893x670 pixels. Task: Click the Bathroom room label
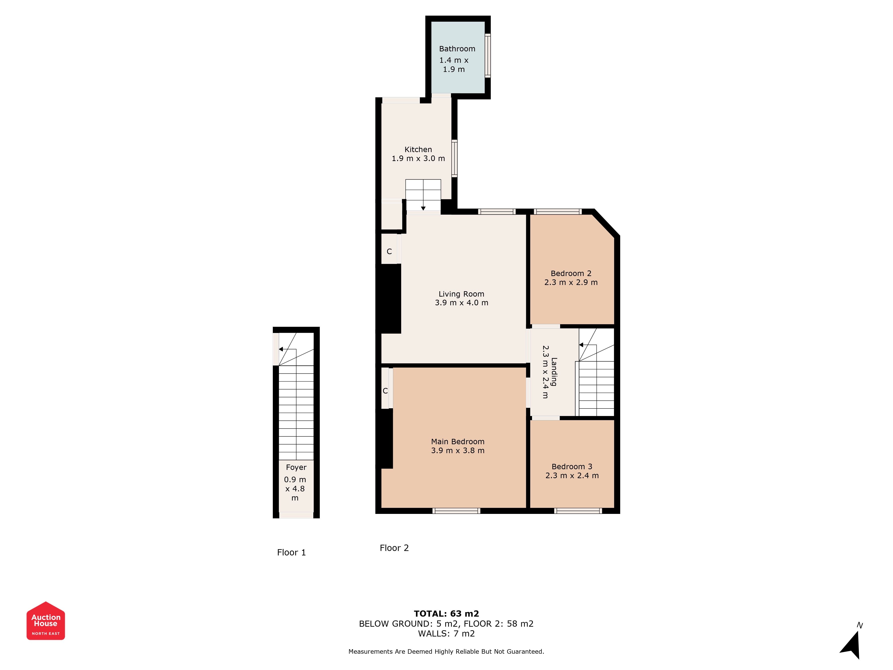pyautogui.click(x=457, y=49)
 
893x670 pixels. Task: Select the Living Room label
pyautogui.click(x=461, y=294)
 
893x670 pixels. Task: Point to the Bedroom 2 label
pyautogui.click(x=571, y=273)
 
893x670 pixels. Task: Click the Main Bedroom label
pyautogui.click(x=458, y=441)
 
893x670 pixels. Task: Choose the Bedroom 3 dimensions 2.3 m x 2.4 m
pyautogui.click(x=572, y=476)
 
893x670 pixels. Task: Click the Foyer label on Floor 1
pyautogui.click(x=296, y=467)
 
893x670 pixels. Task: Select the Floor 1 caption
pyautogui.click(x=292, y=553)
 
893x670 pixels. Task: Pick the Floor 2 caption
pyautogui.click(x=394, y=548)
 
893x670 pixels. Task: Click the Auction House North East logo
pyautogui.click(x=46, y=621)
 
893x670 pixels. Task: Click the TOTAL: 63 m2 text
pyautogui.click(x=446, y=614)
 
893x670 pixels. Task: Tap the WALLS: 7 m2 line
pyautogui.click(x=446, y=634)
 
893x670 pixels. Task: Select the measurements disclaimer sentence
pyautogui.click(x=446, y=651)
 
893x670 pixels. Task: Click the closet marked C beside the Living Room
pyautogui.click(x=389, y=251)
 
